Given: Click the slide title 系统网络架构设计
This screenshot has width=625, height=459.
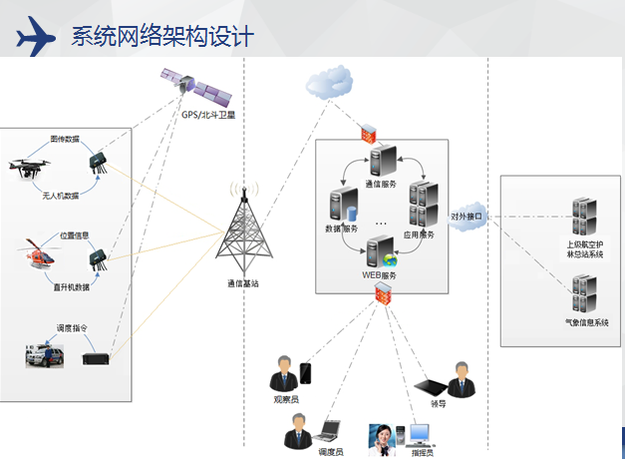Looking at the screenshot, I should pos(162,37).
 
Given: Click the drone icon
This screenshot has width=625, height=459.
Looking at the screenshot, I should pos(33,169).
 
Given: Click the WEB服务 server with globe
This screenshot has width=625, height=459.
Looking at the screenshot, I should pos(379,251).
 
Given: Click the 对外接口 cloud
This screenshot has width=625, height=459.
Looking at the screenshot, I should pos(466,216).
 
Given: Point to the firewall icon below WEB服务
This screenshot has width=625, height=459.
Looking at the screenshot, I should pos(382,291).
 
